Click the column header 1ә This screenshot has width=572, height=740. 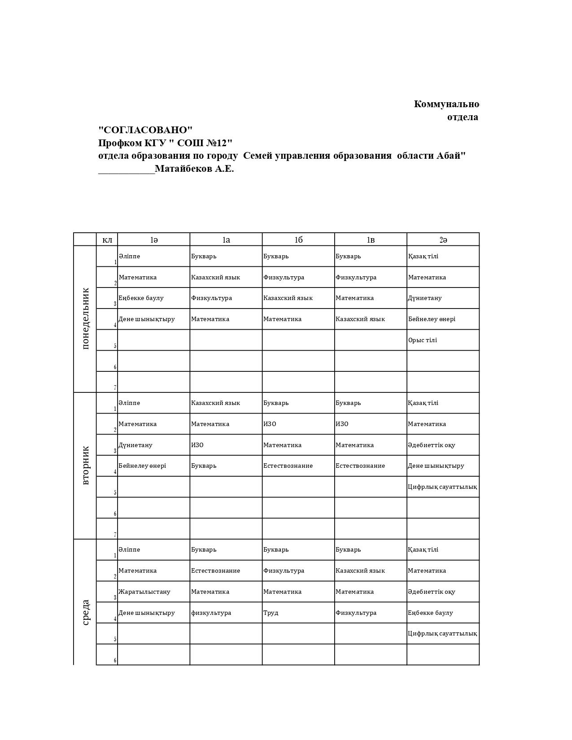(x=154, y=240)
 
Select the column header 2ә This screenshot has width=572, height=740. (x=443, y=240)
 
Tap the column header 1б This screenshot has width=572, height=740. (x=298, y=240)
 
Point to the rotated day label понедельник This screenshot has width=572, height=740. (x=86, y=318)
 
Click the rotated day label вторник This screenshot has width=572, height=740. (x=86, y=465)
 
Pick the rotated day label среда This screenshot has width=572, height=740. (x=86, y=612)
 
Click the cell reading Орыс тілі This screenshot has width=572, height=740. (x=422, y=340)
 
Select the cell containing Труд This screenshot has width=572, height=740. (x=271, y=613)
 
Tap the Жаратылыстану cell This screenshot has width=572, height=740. (x=144, y=592)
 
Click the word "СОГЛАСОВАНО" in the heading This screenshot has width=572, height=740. (x=145, y=130)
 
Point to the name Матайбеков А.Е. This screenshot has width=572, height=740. (x=194, y=169)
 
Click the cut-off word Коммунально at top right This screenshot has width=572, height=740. (x=446, y=104)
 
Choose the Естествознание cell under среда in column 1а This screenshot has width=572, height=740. (x=215, y=570)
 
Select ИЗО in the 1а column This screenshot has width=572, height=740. (x=197, y=445)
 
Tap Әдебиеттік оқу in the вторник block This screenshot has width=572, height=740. (x=432, y=445)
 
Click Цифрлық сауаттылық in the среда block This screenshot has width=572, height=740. (x=442, y=633)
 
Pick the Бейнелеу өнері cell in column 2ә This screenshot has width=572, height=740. (x=432, y=319)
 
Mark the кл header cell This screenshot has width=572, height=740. (x=107, y=240)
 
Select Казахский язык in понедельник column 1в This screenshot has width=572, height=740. (x=360, y=319)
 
